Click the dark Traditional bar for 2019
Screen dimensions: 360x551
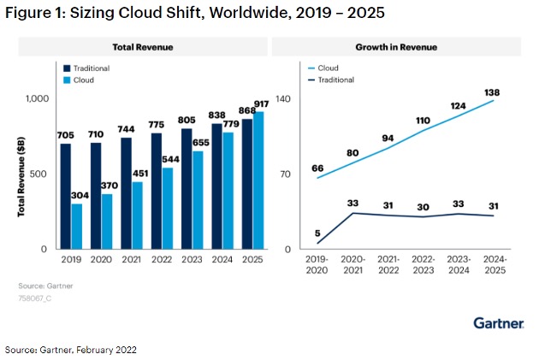click(66, 196)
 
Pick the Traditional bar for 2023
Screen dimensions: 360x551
click(187, 188)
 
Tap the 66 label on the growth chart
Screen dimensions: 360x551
click(317, 168)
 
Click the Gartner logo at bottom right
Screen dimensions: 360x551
click(499, 322)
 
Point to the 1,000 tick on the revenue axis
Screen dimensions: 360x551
click(38, 99)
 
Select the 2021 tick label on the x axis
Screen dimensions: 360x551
click(132, 259)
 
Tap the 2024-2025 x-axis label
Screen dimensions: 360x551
click(494, 264)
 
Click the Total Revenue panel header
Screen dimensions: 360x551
click(143, 47)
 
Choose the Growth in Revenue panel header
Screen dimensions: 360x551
click(396, 47)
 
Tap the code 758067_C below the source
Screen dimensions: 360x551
click(35, 300)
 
